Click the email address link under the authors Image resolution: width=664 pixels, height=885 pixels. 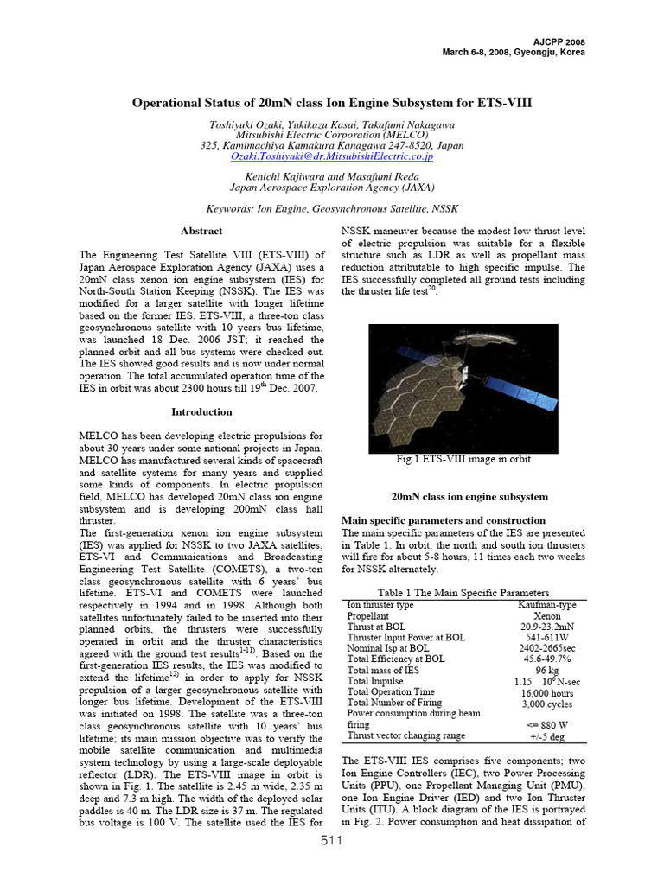click(332, 157)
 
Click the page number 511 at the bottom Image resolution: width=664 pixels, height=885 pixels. click(332, 866)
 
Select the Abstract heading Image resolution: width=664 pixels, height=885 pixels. click(201, 232)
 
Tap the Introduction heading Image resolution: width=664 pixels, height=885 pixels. click(201, 412)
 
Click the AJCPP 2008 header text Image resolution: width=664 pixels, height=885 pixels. click(555, 41)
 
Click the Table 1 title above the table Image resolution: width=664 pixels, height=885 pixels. click(464, 593)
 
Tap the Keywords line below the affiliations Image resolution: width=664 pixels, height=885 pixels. click(332, 209)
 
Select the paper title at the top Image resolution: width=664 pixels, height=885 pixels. click(332, 102)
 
